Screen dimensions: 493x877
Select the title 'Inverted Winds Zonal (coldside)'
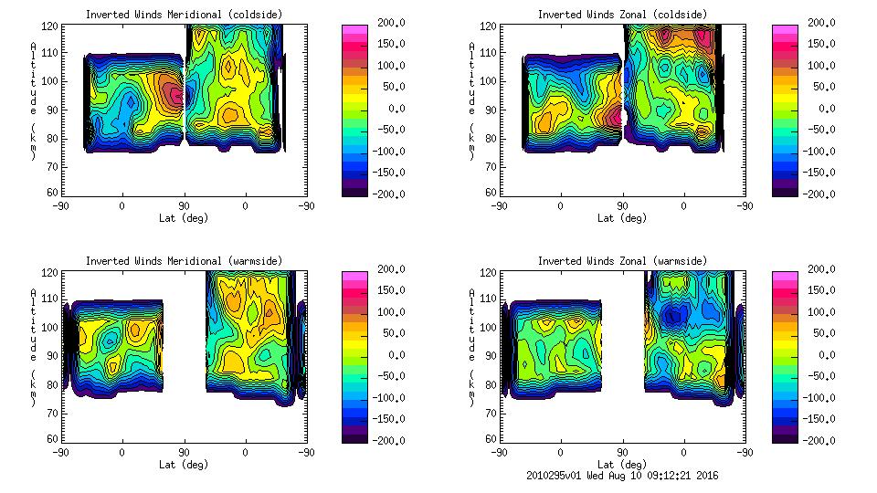pyautogui.click(x=621, y=15)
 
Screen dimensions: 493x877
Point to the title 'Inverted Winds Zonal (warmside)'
pyautogui.click(x=621, y=261)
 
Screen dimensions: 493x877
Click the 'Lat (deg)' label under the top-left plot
pyautogui.click(x=184, y=217)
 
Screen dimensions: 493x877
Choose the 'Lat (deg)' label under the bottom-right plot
pyautogui.click(x=621, y=464)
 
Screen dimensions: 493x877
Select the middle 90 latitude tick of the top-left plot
pyautogui.click(x=184, y=205)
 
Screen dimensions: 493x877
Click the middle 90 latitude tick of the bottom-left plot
pyautogui.click(x=184, y=452)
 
